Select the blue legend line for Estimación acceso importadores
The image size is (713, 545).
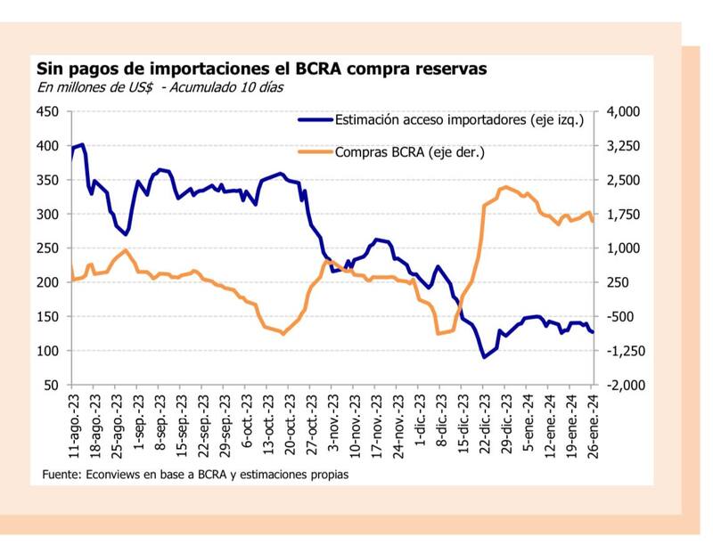coord(314,119)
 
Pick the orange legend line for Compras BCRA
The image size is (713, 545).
coord(314,152)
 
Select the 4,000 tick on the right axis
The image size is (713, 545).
coord(621,111)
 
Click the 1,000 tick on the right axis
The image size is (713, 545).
coord(621,248)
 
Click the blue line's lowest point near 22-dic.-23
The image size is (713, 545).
coord(484,357)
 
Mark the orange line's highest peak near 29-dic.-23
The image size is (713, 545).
coord(505,187)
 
